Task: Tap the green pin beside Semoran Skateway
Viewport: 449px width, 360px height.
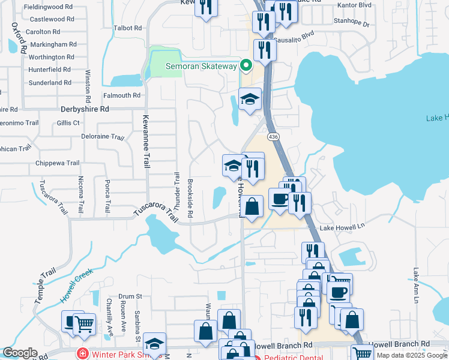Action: [x=246, y=65]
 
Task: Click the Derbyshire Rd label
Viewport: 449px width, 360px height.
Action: [x=85, y=110]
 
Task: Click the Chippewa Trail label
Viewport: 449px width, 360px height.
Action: [x=58, y=163]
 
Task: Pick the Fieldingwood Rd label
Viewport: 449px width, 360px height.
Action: [x=48, y=7]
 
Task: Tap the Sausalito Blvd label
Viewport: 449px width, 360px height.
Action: [x=294, y=35]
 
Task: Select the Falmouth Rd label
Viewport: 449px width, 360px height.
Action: [x=121, y=95]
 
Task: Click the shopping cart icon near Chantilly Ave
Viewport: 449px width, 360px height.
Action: [x=85, y=324]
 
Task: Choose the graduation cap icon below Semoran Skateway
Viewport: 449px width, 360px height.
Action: [x=250, y=99]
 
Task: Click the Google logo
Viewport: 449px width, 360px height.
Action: [x=20, y=353]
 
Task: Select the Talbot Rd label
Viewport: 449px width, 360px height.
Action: [x=128, y=28]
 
